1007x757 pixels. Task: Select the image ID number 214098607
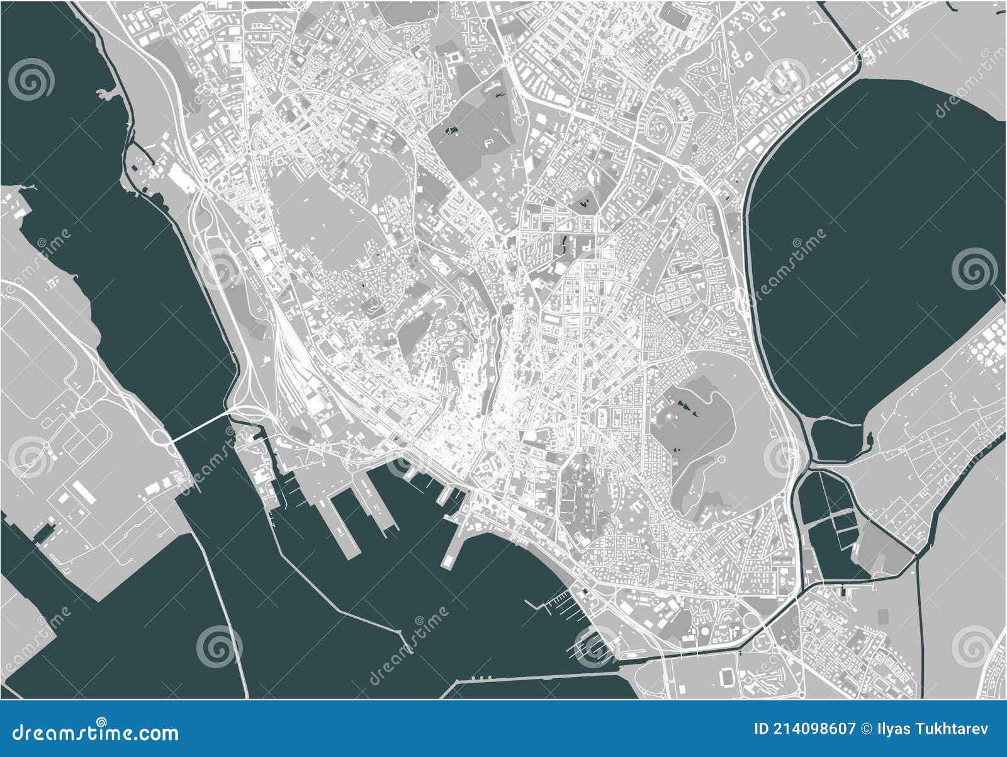[x=816, y=729]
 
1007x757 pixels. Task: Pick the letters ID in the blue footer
[x=762, y=729]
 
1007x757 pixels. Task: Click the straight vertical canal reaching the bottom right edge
[x=920, y=630]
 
